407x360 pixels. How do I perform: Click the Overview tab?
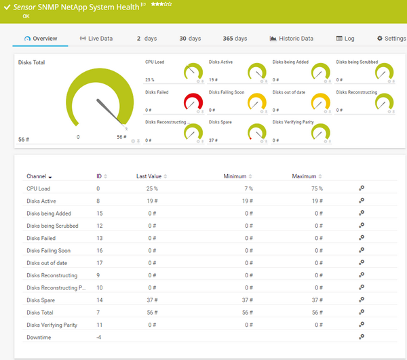(41, 39)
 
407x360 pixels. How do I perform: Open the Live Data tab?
(96, 39)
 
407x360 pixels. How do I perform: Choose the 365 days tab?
(235, 39)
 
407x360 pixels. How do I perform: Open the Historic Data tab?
(292, 39)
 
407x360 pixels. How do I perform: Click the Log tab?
(345, 39)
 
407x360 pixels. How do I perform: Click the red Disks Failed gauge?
(193, 102)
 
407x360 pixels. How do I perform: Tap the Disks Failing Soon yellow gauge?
(257, 102)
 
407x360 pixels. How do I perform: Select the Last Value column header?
(151, 176)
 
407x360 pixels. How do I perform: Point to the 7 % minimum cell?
(248, 188)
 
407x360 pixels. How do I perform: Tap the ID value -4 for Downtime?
(99, 337)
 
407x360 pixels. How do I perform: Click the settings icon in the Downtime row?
(362, 337)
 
